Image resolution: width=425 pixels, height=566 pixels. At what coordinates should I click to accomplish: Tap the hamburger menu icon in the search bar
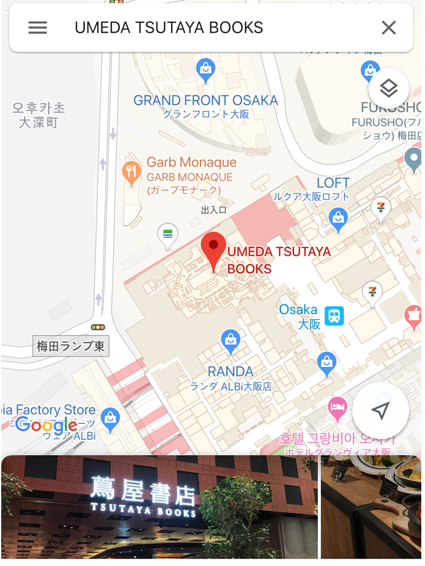pyautogui.click(x=38, y=28)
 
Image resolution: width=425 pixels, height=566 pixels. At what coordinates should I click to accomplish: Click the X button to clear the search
pyautogui.click(x=389, y=28)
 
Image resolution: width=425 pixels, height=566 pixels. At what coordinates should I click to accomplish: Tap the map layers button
pyautogui.click(x=388, y=89)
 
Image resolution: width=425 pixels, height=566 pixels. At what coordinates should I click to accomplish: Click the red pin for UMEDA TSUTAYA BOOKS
pyautogui.click(x=214, y=249)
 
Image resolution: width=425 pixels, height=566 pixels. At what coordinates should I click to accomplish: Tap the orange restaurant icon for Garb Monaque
pyautogui.click(x=132, y=172)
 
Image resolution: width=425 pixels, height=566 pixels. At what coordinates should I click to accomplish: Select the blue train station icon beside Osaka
pyautogui.click(x=335, y=316)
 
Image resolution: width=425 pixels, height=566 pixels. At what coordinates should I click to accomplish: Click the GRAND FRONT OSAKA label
pyautogui.click(x=205, y=100)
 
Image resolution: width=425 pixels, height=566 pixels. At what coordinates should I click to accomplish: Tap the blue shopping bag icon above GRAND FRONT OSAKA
pyautogui.click(x=205, y=70)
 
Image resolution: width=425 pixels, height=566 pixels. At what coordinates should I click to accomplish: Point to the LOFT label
pyautogui.click(x=333, y=183)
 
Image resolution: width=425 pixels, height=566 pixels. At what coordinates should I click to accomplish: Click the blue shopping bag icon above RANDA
pyautogui.click(x=231, y=341)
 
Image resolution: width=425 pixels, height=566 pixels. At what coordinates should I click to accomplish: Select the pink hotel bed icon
pyautogui.click(x=337, y=406)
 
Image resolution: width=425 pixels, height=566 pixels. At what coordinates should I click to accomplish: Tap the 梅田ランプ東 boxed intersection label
pyautogui.click(x=71, y=346)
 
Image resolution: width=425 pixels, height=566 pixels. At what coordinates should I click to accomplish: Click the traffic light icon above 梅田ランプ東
pyautogui.click(x=98, y=327)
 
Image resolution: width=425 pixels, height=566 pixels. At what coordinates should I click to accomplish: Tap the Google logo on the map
pyautogui.click(x=47, y=424)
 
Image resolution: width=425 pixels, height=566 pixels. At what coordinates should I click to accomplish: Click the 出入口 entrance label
pyautogui.click(x=213, y=210)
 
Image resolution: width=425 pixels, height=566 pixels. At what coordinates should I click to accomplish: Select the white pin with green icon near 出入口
pyautogui.click(x=167, y=234)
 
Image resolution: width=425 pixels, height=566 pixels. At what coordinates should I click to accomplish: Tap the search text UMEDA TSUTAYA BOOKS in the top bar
pyautogui.click(x=169, y=28)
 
